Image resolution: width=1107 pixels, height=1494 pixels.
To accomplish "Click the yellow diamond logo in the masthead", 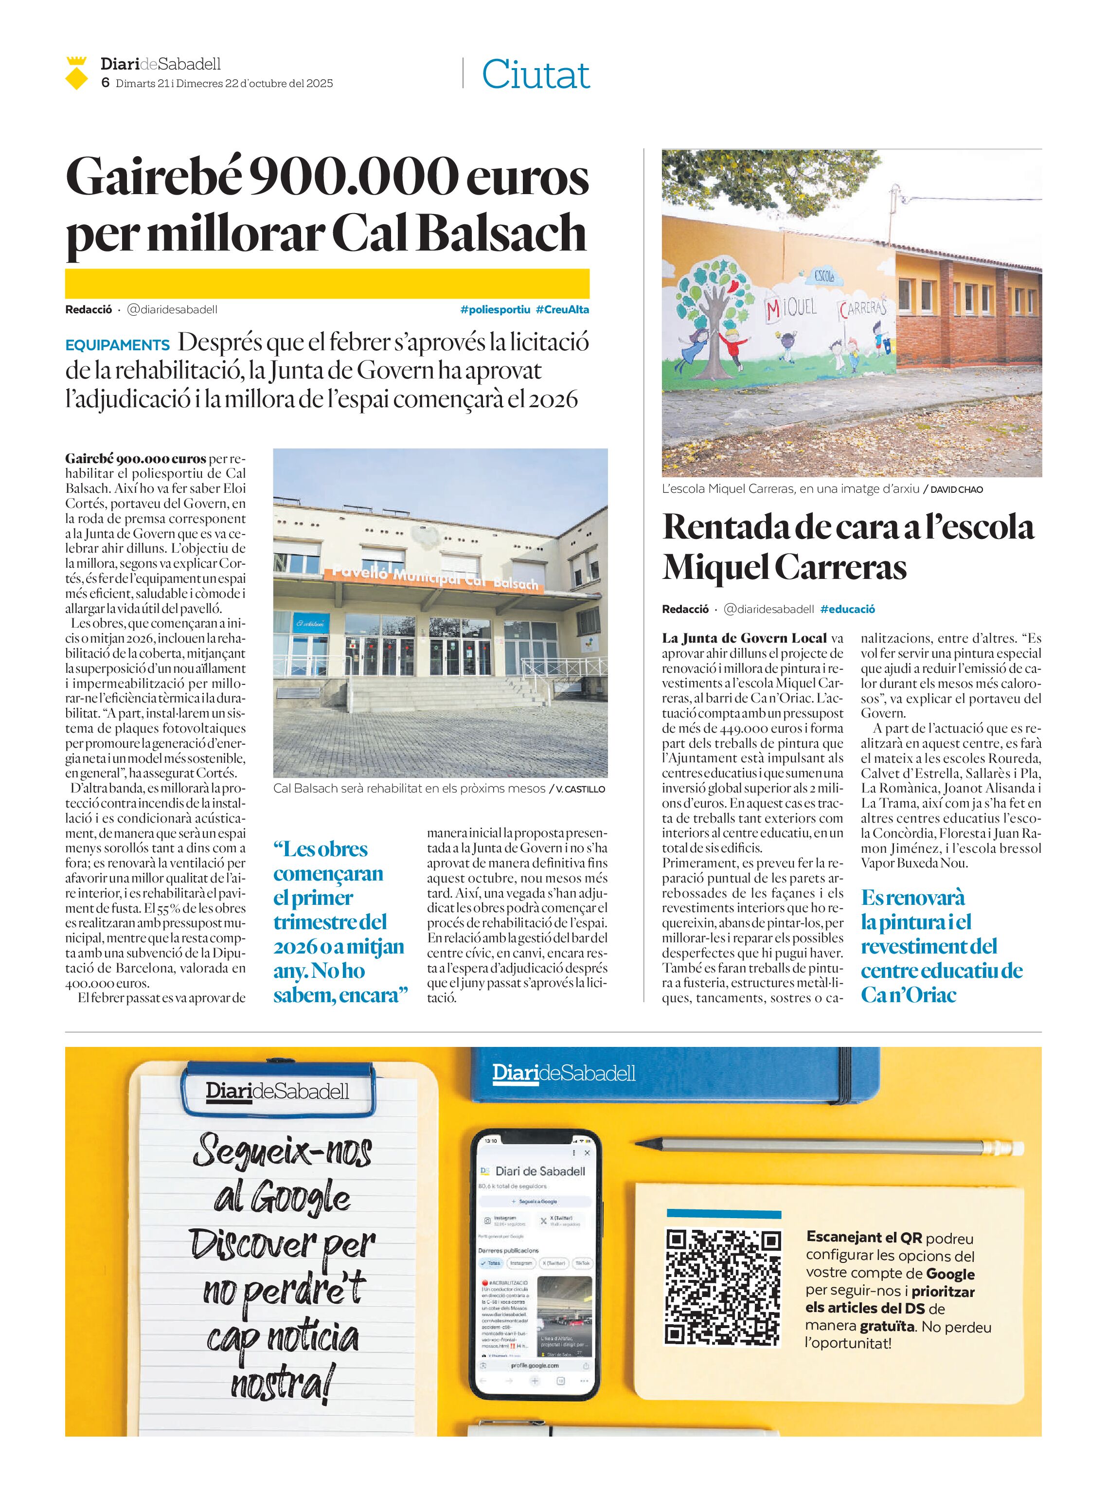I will [x=77, y=74].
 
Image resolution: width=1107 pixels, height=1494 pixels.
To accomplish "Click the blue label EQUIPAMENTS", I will [x=117, y=345].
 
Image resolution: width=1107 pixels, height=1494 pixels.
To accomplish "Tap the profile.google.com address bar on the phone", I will [x=534, y=1365].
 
